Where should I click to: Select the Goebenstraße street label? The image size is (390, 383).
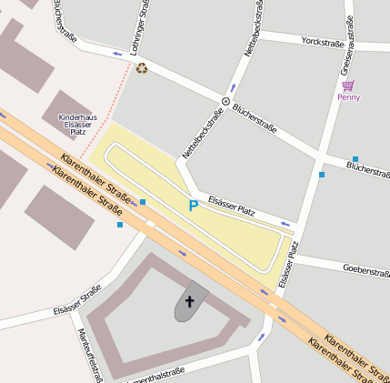click(365, 269)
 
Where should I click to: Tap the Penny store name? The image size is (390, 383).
click(348, 97)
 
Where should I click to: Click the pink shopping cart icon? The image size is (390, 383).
click(348, 86)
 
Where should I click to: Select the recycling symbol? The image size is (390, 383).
click(142, 67)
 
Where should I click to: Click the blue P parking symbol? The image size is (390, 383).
click(193, 207)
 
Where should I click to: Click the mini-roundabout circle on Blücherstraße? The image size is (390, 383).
click(226, 101)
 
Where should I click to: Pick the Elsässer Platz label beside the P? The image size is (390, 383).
click(231, 206)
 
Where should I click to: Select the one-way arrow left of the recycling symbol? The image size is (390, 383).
click(117, 54)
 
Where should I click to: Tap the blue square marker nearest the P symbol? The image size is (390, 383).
click(143, 201)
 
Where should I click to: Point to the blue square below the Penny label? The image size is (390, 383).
click(355, 159)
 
